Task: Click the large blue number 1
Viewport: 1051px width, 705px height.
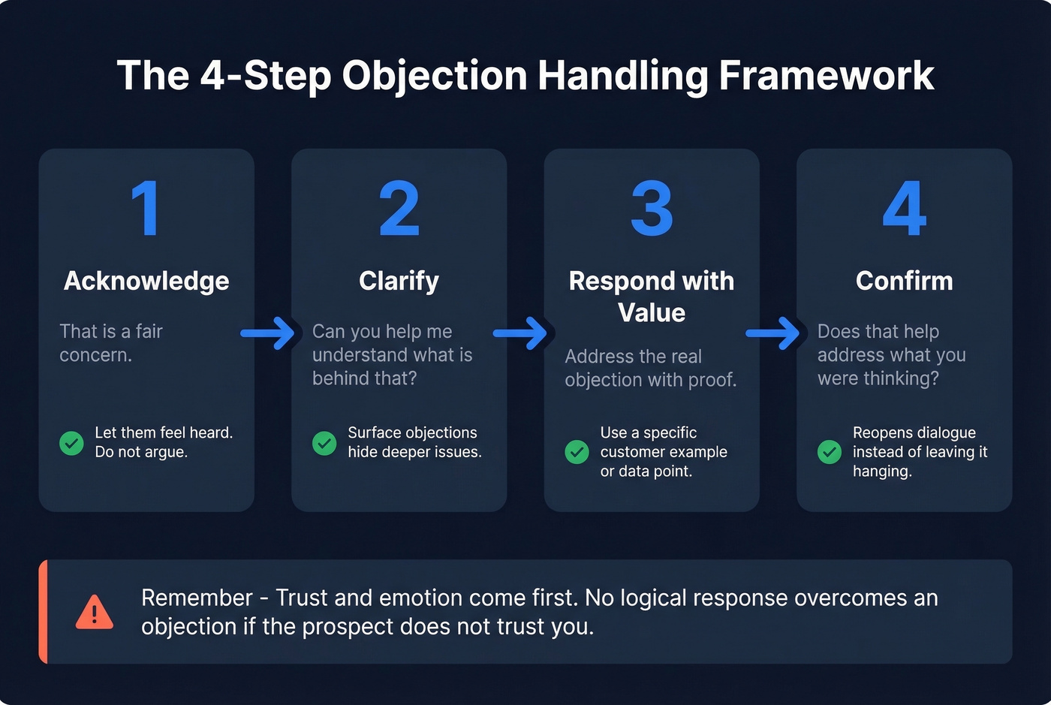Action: (x=146, y=209)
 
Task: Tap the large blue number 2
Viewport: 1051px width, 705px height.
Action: (x=399, y=209)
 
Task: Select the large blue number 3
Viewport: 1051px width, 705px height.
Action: (x=652, y=209)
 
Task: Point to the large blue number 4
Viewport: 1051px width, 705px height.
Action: (x=904, y=209)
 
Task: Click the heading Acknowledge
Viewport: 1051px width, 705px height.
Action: (x=146, y=281)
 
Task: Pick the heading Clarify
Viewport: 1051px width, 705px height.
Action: (x=399, y=281)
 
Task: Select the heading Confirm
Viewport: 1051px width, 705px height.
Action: (x=904, y=281)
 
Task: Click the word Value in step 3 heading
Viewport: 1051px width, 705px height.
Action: (x=652, y=312)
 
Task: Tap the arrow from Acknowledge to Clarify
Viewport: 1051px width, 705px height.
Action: (x=268, y=333)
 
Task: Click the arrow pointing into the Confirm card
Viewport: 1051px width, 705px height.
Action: (x=773, y=333)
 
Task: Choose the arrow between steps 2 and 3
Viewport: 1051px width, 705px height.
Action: (x=521, y=333)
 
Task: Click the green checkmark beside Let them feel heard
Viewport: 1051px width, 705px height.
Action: (x=71, y=443)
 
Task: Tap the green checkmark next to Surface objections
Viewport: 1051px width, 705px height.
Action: (x=324, y=443)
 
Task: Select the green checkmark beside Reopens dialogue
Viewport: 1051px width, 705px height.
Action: (x=830, y=452)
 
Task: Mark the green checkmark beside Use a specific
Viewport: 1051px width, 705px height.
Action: (x=577, y=452)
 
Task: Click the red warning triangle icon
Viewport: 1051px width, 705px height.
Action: (x=95, y=613)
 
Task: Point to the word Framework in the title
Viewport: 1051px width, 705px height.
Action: (x=826, y=76)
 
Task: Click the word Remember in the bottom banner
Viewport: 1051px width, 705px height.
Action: (x=197, y=598)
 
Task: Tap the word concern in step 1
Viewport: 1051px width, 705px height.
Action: (x=94, y=355)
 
